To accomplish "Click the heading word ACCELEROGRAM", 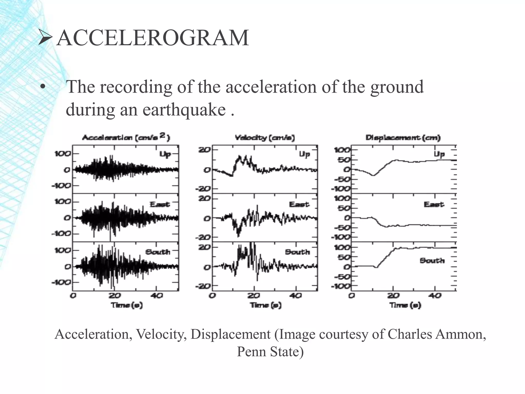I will tap(152, 38).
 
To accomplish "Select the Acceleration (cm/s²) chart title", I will tap(126, 137).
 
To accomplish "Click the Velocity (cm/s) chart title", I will tap(265, 138).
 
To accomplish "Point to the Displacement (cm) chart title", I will tap(403, 138).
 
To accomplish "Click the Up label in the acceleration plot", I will tap(165, 154).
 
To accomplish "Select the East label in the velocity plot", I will tap(299, 204).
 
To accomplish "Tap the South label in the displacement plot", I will tap(432, 261).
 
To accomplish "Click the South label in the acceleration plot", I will tap(158, 252).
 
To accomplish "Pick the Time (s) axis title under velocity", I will tap(266, 305).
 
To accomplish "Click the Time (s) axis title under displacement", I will tap(405, 305).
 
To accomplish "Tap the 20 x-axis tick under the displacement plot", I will tap(393, 296).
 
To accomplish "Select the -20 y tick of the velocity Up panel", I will tap(203, 189).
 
